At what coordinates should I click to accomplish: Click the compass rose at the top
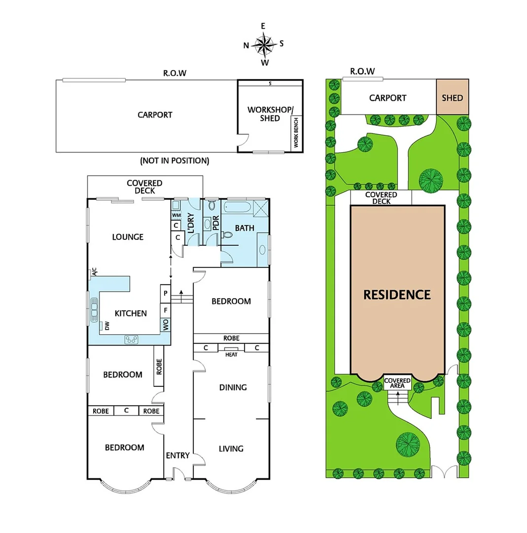point(264,44)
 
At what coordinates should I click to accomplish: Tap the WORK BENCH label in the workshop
point(296,132)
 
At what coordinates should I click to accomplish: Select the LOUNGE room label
point(127,237)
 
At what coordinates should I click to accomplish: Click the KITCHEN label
point(131,313)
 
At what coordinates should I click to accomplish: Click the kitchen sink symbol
point(94,309)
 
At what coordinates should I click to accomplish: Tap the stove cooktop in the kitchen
point(132,339)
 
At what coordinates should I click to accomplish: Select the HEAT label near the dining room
point(231,354)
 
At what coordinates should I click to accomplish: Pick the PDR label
point(215,225)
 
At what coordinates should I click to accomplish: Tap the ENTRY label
point(177,456)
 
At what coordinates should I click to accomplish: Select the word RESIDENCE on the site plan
point(397,295)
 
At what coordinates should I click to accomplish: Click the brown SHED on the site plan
point(452,98)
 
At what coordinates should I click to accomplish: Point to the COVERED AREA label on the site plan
point(397,383)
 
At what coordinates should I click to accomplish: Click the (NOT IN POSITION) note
point(175,160)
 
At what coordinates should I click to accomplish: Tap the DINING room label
point(233,387)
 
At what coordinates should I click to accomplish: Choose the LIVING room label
point(231,449)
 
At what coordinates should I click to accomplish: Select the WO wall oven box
point(166,325)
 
